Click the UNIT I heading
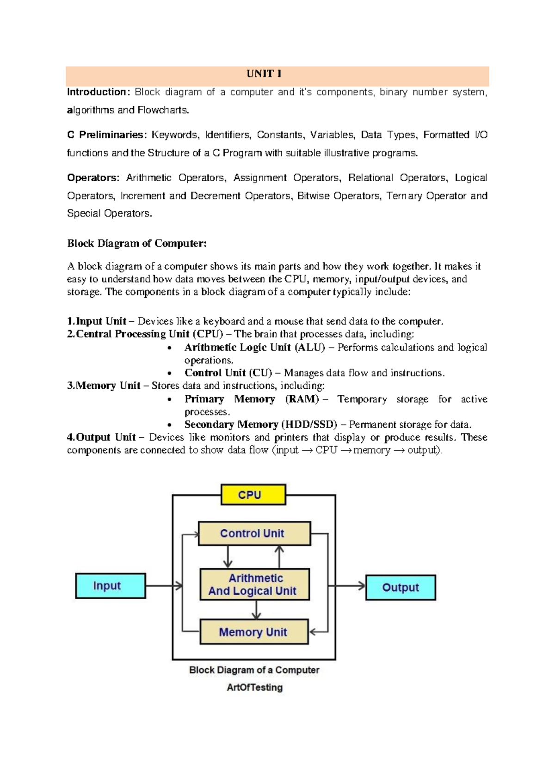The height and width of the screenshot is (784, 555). click(x=264, y=74)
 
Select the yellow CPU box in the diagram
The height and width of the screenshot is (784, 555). click(x=253, y=495)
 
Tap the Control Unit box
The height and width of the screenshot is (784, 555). click(x=254, y=533)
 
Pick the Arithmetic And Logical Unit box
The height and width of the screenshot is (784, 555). click(x=254, y=584)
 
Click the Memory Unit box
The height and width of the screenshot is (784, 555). click(x=253, y=632)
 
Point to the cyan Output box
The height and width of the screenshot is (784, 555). click(x=401, y=588)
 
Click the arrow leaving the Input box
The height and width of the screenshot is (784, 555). click(x=164, y=586)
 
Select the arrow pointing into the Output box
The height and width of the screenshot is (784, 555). click(x=347, y=586)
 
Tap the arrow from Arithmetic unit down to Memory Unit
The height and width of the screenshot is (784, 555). click(x=256, y=610)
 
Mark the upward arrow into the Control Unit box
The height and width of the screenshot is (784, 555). click(x=279, y=557)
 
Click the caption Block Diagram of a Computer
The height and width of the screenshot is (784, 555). click(x=254, y=670)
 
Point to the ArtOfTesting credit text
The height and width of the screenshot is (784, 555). click(x=254, y=687)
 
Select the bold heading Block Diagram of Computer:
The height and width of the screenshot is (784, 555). click(x=137, y=244)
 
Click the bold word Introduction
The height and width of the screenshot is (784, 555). click(x=97, y=92)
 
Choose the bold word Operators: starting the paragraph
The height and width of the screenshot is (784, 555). click(x=93, y=178)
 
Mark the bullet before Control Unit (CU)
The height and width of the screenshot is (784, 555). click(x=170, y=374)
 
